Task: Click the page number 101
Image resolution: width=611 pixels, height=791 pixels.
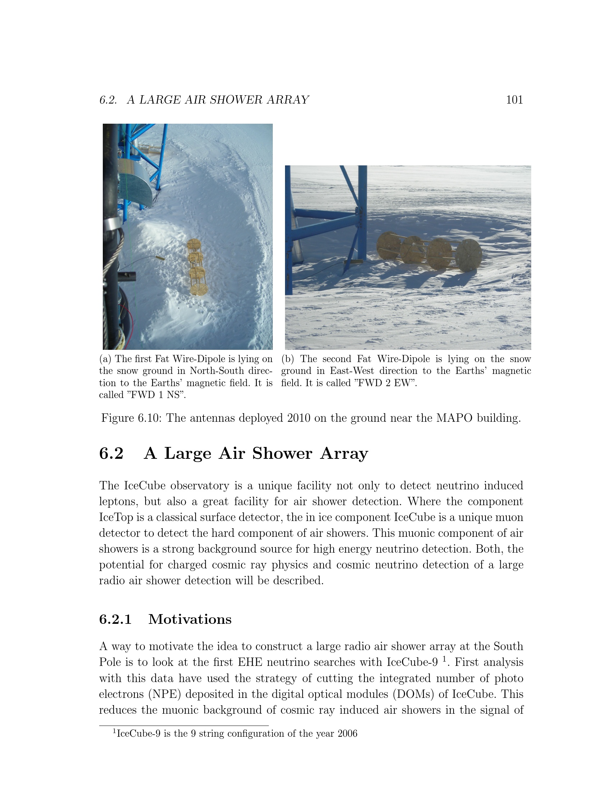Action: (514, 100)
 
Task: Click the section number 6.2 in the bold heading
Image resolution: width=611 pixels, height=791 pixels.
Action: (111, 453)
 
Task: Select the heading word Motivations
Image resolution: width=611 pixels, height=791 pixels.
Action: (190, 619)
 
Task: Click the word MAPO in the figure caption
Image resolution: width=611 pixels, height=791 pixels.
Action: (454, 418)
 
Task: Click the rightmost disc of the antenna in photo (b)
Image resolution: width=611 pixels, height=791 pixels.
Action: (468, 255)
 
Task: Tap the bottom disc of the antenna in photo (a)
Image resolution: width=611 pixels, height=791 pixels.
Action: (199, 289)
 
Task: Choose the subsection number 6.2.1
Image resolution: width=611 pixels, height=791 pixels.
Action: (115, 619)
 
